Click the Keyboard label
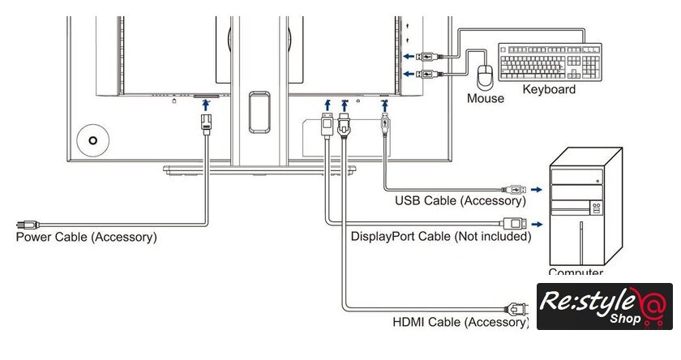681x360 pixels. [x=549, y=89]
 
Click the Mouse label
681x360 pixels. [x=485, y=99]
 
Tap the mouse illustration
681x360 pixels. [x=486, y=78]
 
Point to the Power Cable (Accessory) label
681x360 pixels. [x=87, y=238]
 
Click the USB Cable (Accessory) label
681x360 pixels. [x=460, y=200]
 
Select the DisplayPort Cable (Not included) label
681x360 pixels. [x=441, y=237]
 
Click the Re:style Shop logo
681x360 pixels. [x=605, y=306]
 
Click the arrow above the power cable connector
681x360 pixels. [x=206, y=104]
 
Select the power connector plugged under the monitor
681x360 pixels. [x=206, y=124]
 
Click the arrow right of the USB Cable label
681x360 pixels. [x=537, y=199]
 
